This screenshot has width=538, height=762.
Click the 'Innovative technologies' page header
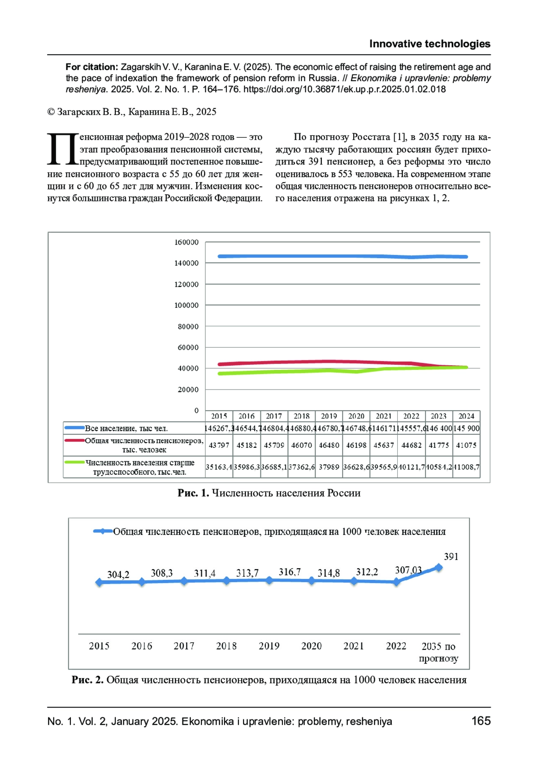[x=430, y=44]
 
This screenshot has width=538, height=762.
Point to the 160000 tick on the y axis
[x=187, y=242]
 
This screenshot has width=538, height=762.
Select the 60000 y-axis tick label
[x=188, y=347]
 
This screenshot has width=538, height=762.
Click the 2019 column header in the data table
[x=329, y=416]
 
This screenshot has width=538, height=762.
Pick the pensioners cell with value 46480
[x=329, y=445]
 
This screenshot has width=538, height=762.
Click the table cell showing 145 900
[x=466, y=428]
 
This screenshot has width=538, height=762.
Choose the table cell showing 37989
[x=329, y=467]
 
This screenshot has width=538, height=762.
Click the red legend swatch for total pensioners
[x=74, y=441]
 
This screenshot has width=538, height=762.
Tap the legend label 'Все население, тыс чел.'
[x=126, y=429]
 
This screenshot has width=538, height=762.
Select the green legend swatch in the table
[x=74, y=462]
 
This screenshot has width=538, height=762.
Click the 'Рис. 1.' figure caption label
[x=193, y=493]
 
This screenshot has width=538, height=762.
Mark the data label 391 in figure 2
[x=451, y=556]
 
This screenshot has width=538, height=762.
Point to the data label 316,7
[x=290, y=572]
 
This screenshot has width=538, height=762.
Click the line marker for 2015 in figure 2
[x=99, y=582]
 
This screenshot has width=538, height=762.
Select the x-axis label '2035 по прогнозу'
[x=438, y=652]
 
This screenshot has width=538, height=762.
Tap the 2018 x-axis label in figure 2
[x=226, y=646]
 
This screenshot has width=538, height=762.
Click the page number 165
[x=481, y=721]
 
